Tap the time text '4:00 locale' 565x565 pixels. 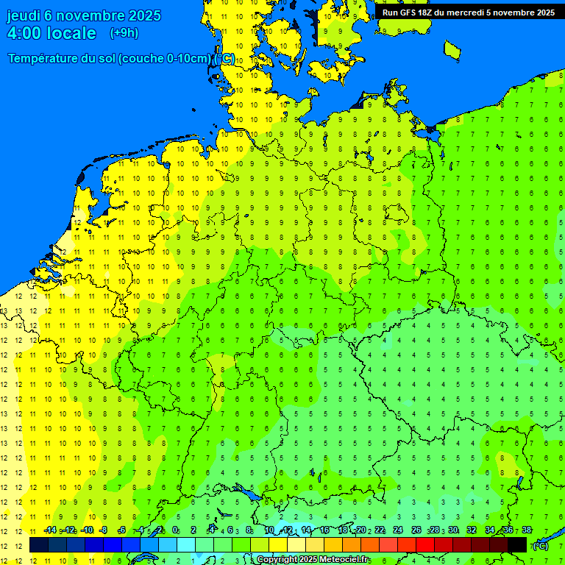(51, 33)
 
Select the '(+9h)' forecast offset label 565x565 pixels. (124, 33)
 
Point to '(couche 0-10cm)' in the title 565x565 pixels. (166, 59)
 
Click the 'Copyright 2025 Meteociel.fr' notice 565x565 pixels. (313, 560)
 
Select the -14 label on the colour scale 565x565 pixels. (49, 530)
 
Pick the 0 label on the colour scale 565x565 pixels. (175, 530)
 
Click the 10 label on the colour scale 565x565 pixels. (269, 530)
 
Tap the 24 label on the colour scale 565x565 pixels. (397, 530)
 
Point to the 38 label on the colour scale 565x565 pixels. (526, 530)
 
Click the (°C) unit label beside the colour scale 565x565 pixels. (540, 545)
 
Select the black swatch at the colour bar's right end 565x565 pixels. (517, 545)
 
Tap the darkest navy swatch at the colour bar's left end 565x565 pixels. (39, 545)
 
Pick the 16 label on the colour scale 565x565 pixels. (324, 530)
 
